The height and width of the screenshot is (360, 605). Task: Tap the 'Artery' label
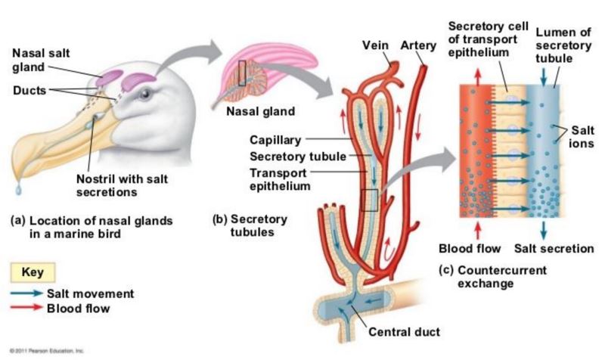(418, 45)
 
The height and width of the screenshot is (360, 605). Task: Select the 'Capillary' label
(275, 140)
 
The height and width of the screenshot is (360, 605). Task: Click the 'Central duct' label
(405, 331)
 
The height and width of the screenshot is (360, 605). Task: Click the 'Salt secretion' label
(554, 249)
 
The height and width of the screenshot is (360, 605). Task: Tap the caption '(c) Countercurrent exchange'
(493, 277)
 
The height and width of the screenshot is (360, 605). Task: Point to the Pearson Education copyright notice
(46, 351)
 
